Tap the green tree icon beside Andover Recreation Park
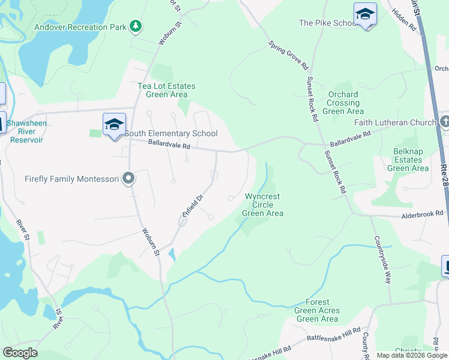[x=136, y=26]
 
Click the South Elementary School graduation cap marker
[x=114, y=124]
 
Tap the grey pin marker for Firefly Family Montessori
[x=128, y=178]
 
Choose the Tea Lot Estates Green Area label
[x=166, y=90]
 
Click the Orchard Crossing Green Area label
[x=343, y=103]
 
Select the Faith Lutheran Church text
[x=394, y=123]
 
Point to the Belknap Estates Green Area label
[x=408, y=160]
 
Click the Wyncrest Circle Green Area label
[x=262, y=205]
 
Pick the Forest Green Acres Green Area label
[x=318, y=310]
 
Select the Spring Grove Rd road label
[x=288, y=55]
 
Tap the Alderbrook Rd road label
[x=422, y=213]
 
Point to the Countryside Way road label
[x=384, y=260]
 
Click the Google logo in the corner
[x=20, y=353]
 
